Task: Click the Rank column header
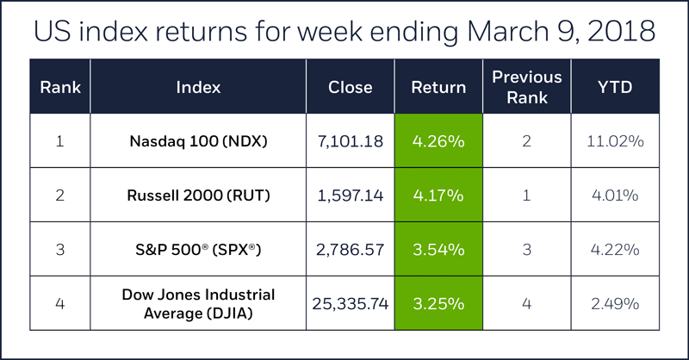click(59, 87)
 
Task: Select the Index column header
click(198, 87)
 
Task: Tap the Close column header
click(350, 87)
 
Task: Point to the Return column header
click(438, 87)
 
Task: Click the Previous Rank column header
click(526, 87)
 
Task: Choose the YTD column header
click(615, 87)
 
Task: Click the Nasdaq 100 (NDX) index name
click(198, 141)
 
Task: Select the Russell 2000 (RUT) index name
click(198, 196)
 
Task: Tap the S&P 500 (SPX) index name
click(198, 250)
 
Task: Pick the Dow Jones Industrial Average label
click(198, 303)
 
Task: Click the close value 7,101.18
click(350, 141)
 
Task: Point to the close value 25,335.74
click(350, 304)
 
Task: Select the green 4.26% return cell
click(438, 141)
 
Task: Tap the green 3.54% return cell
click(438, 250)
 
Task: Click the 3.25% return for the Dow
click(438, 304)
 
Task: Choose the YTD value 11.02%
click(615, 141)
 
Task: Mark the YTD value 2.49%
click(615, 304)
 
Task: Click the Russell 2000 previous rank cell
click(526, 196)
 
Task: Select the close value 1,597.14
click(350, 196)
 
